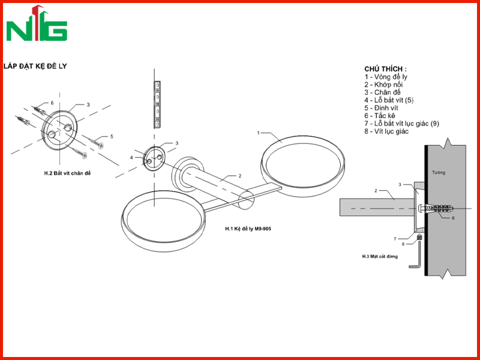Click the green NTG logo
[x=37, y=23]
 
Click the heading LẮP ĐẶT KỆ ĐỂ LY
[x=35, y=66]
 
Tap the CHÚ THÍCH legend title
[x=385, y=68]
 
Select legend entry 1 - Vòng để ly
[x=386, y=77]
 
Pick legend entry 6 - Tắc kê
[x=380, y=116]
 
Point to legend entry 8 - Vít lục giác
[x=386, y=131]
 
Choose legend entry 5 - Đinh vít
[x=381, y=108]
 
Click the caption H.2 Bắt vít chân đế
[x=67, y=173]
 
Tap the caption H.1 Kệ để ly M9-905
[x=248, y=229]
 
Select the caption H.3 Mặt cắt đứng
[x=380, y=257]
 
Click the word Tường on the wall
[x=439, y=173]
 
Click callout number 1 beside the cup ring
[x=259, y=133]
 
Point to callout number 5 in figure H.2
[x=112, y=137]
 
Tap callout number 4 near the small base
[x=131, y=158]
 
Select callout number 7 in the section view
[x=395, y=239]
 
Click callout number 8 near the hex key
[x=403, y=244]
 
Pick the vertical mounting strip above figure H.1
[x=157, y=104]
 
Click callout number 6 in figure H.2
[x=52, y=103]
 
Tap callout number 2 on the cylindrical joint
[x=240, y=176]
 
